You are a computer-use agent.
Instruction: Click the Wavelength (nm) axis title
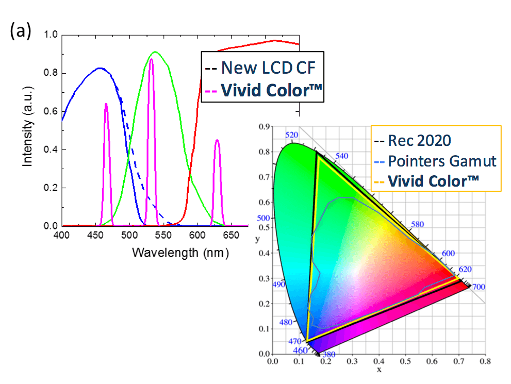coord(180,253)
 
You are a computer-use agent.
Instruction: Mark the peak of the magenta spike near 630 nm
coord(217,140)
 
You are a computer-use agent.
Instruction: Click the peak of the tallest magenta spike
coord(151,59)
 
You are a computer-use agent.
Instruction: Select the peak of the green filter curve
coord(155,52)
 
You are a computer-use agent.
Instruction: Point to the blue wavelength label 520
coord(292,136)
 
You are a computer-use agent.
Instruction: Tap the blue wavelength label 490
coord(279,285)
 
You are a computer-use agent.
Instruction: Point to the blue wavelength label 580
coord(417,225)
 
